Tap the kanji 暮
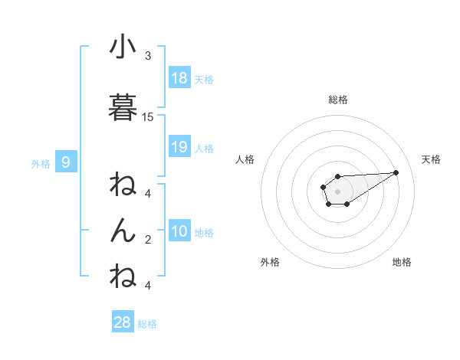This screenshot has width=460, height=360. pos(123,108)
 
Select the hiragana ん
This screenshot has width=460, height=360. pos(123,231)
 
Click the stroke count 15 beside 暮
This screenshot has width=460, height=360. pos(148,116)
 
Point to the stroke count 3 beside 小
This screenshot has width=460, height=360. pos(148,55)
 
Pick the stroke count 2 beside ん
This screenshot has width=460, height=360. pos(148,239)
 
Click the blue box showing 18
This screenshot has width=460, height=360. pos(179,78)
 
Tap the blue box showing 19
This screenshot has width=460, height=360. pos(179,147)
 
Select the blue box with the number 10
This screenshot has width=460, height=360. pos(179,231)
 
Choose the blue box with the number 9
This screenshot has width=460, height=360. pos(66,162)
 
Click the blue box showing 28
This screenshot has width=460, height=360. pos(123,322)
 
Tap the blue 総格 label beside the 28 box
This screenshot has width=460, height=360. pos(147,324)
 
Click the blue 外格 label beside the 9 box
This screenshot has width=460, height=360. pos(41,163)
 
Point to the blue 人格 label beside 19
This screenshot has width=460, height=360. pos(204,148)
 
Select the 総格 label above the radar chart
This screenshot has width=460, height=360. pos(338,100)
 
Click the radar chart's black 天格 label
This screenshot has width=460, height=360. pos(432,159)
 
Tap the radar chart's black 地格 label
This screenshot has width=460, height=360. pos(402,262)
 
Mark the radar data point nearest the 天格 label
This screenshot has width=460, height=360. pos(396,172)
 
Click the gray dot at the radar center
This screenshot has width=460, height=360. pos(338,191)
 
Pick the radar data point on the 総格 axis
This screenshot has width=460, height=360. pos(338,176)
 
